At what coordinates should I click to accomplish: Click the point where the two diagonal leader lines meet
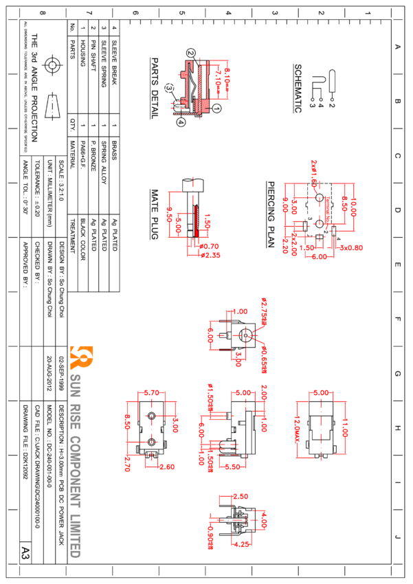click(250, 336)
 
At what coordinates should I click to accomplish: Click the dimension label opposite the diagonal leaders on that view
click(210, 336)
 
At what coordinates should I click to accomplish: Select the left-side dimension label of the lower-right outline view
click(298, 429)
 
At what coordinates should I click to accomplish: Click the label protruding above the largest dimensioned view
click(315, 168)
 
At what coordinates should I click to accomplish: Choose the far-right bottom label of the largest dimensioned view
click(353, 247)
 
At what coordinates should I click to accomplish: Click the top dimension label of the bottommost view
click(241, 496)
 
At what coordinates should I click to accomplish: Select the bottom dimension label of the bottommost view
click(242, 544)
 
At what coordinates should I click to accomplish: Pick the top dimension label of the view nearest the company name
click(153, 392)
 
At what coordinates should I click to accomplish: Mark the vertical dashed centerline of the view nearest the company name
click(151, 429)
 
